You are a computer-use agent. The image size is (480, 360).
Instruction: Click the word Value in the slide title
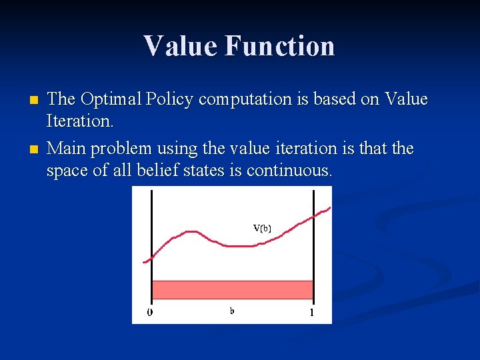point(180,46)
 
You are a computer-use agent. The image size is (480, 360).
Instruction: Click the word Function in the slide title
point(279,46)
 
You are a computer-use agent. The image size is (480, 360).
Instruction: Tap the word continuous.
point(289,170)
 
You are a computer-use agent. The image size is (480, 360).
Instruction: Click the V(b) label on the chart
point(262,227)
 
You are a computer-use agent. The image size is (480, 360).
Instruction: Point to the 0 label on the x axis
point(150,312)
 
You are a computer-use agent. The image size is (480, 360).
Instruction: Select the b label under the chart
point(232,310)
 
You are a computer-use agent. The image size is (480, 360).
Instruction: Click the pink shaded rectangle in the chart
point(232,289)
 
